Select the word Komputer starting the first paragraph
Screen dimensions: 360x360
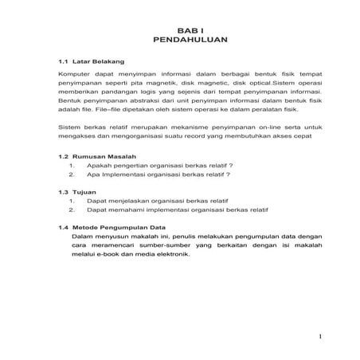point(76,73)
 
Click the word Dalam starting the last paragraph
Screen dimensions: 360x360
point(82,237)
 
